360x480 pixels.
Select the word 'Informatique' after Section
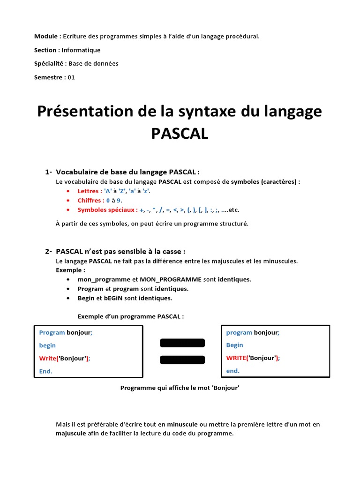(81, 50)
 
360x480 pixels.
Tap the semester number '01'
(71, 77)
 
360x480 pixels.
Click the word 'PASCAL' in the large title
(180, 133)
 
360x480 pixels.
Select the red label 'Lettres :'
(90, 191)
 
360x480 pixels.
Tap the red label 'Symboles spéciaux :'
(107, 210)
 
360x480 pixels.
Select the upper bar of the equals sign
(182, 343)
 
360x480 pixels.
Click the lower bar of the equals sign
(182, 360)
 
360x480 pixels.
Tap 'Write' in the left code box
(48, 358)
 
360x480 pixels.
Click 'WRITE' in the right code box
(237, 358)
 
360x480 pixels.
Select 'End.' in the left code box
(46, 371)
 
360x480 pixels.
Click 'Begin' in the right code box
(234, 345)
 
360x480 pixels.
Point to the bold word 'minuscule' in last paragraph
(182, 424)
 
